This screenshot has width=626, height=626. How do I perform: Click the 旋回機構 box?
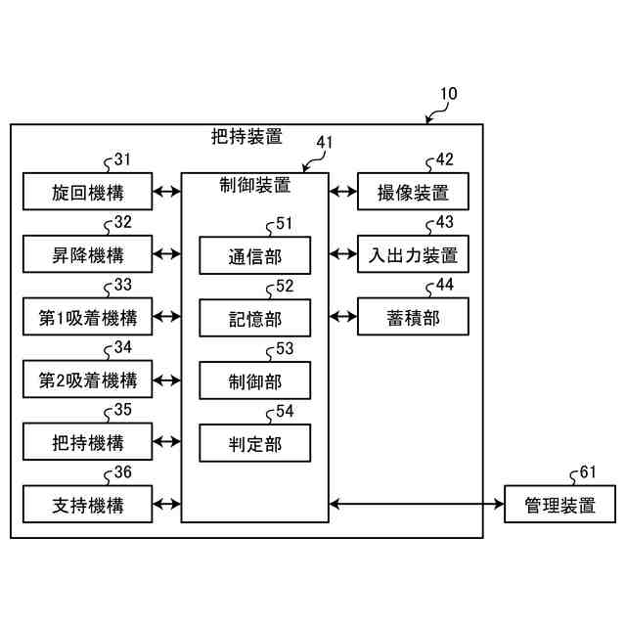click(87, 192)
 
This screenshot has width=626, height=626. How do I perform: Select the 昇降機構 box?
click(87, 254)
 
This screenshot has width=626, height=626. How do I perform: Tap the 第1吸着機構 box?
click(87, 317)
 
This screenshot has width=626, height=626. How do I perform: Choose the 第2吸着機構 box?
click(87, 380)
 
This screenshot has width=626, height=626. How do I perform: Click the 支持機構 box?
click(87, 505)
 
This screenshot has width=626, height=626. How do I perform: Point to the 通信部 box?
click(254, 255)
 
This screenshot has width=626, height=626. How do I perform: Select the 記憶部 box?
click(254, 318)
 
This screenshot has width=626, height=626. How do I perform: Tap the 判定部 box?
click(254, 443)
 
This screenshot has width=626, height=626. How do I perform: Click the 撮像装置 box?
click(413, 192)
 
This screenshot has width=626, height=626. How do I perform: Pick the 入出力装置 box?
click(413, 254)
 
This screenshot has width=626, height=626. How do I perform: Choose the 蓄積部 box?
click(413, 317)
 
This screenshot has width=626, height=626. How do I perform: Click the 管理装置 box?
click(559, 505)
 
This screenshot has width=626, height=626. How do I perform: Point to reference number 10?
click(448, 94)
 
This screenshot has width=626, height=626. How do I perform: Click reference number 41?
click(324, 142)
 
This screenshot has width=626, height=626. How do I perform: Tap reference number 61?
click(588, 471)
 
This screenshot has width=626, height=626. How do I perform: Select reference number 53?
click(285, 348)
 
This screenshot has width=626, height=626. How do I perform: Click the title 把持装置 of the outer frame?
click(246, 137)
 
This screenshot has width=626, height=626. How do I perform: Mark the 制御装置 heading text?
click(254, 185)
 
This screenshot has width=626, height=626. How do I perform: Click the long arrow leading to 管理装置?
click(417, 504)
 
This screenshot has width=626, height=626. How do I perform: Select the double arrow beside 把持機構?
click(167, 441)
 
